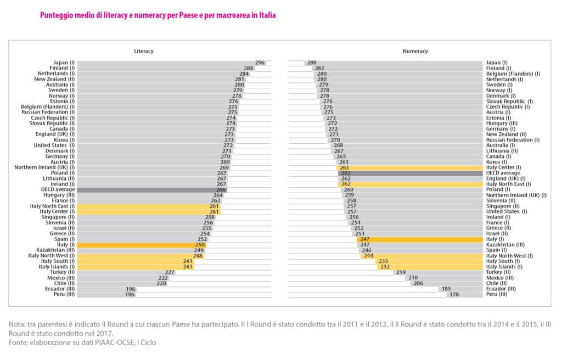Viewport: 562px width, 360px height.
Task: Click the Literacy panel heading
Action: (x=144, y=51)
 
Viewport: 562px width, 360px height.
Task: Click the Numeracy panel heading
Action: (x=415, y=51)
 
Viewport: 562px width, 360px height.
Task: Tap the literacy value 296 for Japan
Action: (x=260, y=63)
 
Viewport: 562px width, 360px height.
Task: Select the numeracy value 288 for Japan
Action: (x=312, y=63)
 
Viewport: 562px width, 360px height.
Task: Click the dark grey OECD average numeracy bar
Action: (x=412, y=173)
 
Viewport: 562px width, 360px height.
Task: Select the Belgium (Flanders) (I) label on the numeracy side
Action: (x=513, y=74)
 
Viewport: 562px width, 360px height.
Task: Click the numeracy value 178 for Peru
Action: (x=454, y=295)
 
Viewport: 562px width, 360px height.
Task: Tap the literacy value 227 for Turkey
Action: (x=170, y=273)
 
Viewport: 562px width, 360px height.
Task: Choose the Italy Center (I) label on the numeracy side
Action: (x=503, y=167)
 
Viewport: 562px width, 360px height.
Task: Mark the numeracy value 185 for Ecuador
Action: (x=446, y=289)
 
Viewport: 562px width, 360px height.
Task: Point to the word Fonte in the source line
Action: (x=18, y=342)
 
